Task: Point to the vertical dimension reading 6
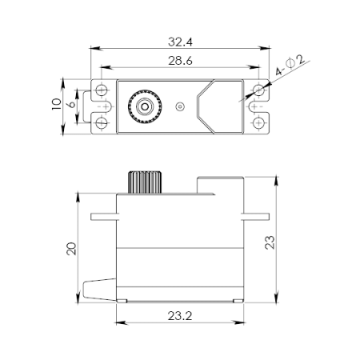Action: click(72, 104)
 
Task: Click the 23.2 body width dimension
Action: click(180, 316)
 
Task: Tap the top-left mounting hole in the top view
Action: click(102, 88)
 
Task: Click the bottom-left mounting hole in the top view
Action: click(102, 122)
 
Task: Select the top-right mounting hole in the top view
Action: click(258, 88)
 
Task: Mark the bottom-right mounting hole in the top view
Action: click(258, 122)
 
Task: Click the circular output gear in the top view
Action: click(144, 105)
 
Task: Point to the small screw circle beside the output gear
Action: click(180, 105)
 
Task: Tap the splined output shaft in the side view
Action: click(145, 181)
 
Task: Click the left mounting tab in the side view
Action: click(104, 216)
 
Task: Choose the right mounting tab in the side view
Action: click(254, 216)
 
